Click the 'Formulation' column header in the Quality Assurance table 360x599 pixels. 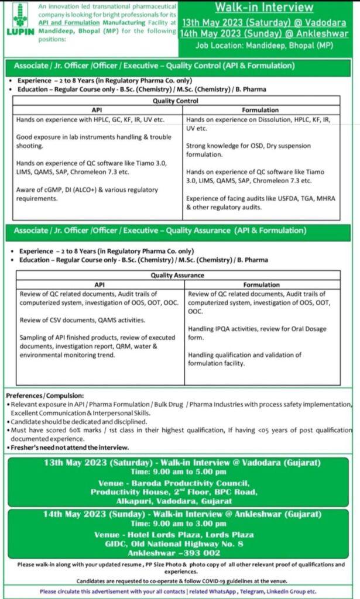(261, 284)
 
